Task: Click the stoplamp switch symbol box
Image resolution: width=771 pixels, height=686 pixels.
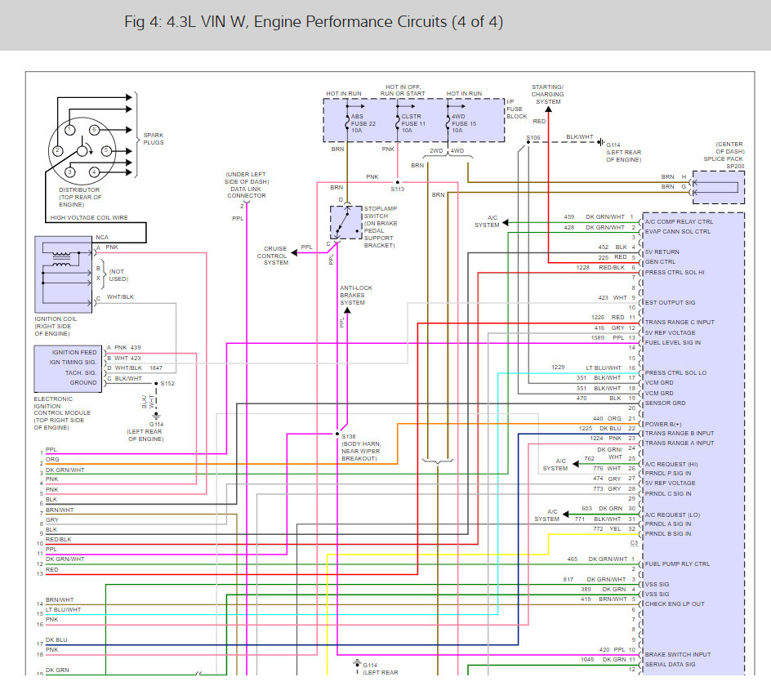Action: coord(345,222)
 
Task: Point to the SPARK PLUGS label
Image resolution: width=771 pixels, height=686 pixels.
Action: coord(154,139)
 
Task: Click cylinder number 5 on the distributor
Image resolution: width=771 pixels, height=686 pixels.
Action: coord(106,150)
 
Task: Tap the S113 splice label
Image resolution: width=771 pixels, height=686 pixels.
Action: coord(398,189)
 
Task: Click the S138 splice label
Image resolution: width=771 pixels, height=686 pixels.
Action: coord(350,436)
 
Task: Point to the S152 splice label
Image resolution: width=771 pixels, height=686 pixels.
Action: coord(167,383)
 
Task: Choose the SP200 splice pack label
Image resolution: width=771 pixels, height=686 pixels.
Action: coord(735,167)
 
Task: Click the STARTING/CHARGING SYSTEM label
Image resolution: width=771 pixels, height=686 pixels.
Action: coord(547,94)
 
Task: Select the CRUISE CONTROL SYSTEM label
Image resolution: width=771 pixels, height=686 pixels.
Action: coord(276,256)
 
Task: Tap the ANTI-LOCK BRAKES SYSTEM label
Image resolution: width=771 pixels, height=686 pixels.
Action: coord(353,295)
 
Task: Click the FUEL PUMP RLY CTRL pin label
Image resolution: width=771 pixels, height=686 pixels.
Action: coord(677,563)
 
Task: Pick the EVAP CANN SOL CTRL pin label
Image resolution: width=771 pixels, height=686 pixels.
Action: coord(677,231)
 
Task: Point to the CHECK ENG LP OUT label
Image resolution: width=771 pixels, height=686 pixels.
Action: coord(675,604)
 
